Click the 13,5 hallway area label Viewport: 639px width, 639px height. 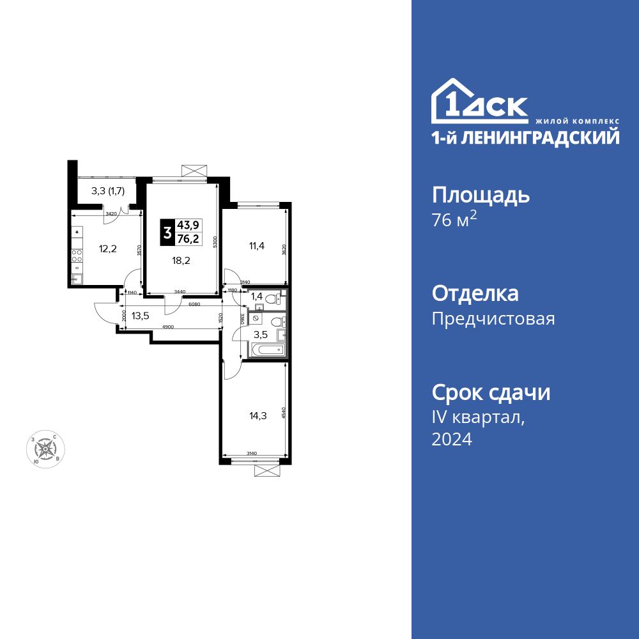(x=141, y=314)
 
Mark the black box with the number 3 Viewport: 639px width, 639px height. (x=167, y=233)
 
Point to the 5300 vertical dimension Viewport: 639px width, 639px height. (x=217, y=243)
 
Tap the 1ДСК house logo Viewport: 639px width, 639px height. (x=479, y=102)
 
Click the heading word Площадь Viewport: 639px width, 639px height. (x=481, y=195)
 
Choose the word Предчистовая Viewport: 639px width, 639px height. (x=493, y=319)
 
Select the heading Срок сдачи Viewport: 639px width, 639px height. (x=491, y=392)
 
